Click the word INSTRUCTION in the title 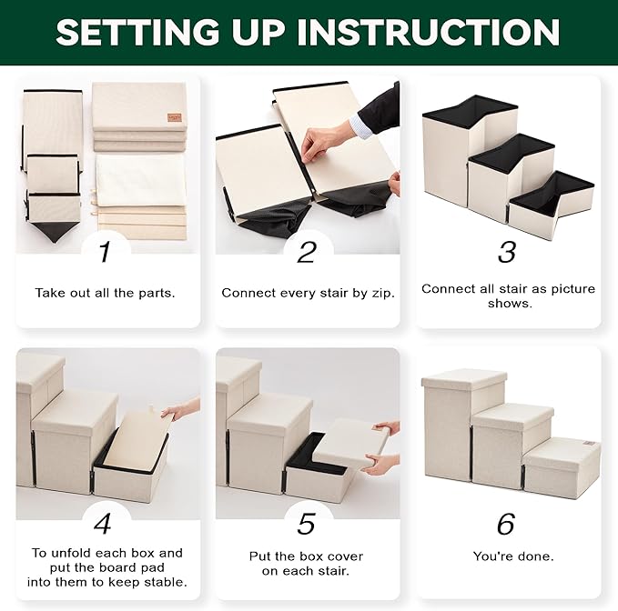(429, 32)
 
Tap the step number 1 (105, 252)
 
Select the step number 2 (307, 252)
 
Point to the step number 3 (507, 252)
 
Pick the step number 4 (103, 524)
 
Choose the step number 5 (306, 524)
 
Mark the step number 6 (506, 524)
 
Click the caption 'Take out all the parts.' (105, 293)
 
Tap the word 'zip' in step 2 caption (384, 294)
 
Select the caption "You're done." (513, 556)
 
